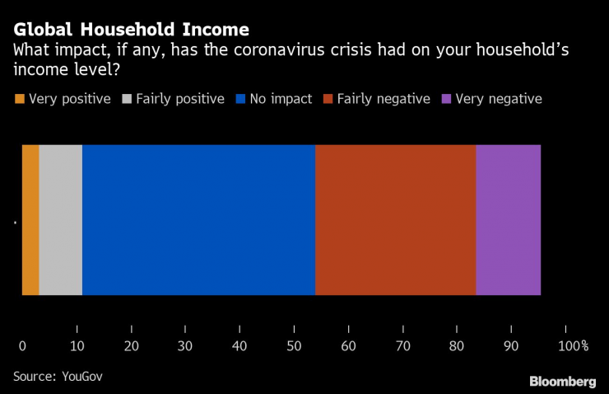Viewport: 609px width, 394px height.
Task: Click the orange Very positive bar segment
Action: pyautogui.click(x=30, y=219)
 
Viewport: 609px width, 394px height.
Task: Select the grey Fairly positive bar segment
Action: pyautogui.click(x=61, y=219)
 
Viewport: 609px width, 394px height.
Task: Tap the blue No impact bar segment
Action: pyautogui.click(x=198, y=219)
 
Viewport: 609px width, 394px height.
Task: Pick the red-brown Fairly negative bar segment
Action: pyautogui.click(x=395, y=219)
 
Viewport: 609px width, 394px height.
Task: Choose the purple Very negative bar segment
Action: pyautogui.click(x=508, y=219)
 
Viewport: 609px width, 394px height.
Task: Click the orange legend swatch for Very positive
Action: pyautogui.click(x=20, y=99)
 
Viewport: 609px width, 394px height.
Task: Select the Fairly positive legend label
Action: pyautogui.click(x=180, y=99)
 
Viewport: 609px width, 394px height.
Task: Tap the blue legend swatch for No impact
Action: pyautogui.click(x=240, y=99)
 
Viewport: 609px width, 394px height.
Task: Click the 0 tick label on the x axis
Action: pyautogui.click(x=22, y=345)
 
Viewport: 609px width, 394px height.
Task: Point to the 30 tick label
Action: pyautogui.click(x=185, y=345)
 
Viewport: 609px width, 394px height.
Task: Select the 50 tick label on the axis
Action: pyautogui.click(x=294, y=345)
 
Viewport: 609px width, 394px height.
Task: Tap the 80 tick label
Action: pyautogui.click(x=457, y=345)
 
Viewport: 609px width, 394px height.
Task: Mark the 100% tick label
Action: pyautogui.click(x=573, y=345)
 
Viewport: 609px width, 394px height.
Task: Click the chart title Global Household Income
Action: pyautogui.click(x=131, y=30)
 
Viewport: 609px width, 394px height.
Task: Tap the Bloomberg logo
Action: pyautogui.click(x=562, y=381)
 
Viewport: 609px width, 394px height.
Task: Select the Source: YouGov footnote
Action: pyautogui.click(x=58, y=376)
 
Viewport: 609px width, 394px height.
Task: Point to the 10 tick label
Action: pyautogui.click(x=77, y=345)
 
